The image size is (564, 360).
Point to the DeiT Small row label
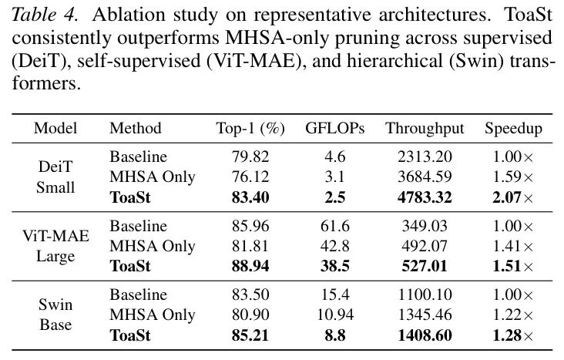click(x=55, y=177)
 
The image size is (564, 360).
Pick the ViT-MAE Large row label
click(x=55, y=246)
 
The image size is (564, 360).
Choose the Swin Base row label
click(x=55, y=315)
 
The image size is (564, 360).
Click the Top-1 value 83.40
click(x=250, y=197)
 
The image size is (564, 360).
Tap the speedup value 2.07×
click(x=513, y=197)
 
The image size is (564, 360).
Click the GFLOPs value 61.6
click(x=335, y=227)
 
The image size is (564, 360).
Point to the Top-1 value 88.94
click(x=250, y=266)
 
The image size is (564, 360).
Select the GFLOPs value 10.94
click(x=335, y=315)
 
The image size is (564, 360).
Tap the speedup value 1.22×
click(x=513, y=315)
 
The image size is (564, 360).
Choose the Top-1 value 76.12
click(x=250, y=177)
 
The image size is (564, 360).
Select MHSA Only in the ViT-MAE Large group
click(x=152, y=247)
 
